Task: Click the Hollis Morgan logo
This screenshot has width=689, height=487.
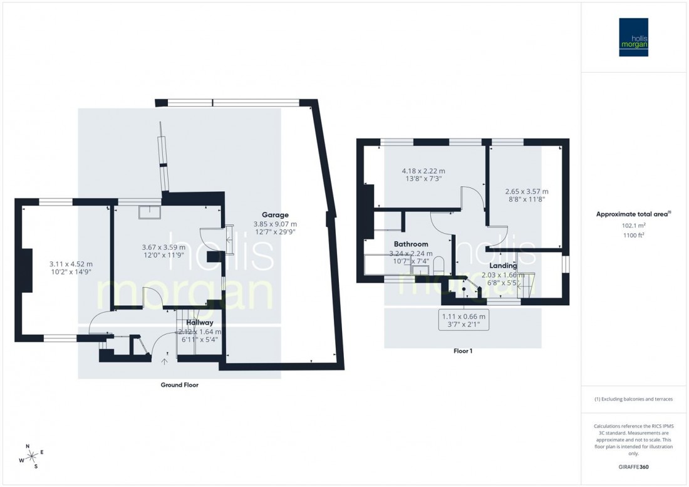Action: pyautogui.click(x=633, y=37)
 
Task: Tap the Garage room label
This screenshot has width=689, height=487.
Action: pyautogui.click(x=275, y=215)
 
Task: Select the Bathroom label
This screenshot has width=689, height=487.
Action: pyautogui.click(x=411, y=244)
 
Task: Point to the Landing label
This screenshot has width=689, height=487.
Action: pyautogui.click(x=503, y=266)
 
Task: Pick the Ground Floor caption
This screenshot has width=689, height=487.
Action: pyautogui.click(x=179, y=385)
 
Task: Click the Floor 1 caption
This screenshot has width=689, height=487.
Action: pyautogui.click(x=462, y=351)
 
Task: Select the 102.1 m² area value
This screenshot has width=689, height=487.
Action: pyautogui.click(x=633, y=226)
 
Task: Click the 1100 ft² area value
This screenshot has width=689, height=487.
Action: pyautogui.click(x=633, y=235)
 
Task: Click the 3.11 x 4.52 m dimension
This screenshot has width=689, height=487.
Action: pyautogui.click(x=71, y=264)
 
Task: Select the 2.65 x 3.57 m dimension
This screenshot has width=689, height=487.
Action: pyautogui.click(x=527, y=192)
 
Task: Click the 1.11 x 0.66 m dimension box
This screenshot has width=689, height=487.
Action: pyautogui.click(x=464, y=321)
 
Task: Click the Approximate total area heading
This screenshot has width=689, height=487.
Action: pyautogui.click(x=633, y=214)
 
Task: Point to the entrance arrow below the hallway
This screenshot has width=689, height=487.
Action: pyautogui.click(x=165, y=360)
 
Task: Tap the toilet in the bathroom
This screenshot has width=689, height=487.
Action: pyautogui.click(x=438, y=266)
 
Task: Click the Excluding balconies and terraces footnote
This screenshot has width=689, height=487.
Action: pyautogui.click(x=633, y=399)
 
